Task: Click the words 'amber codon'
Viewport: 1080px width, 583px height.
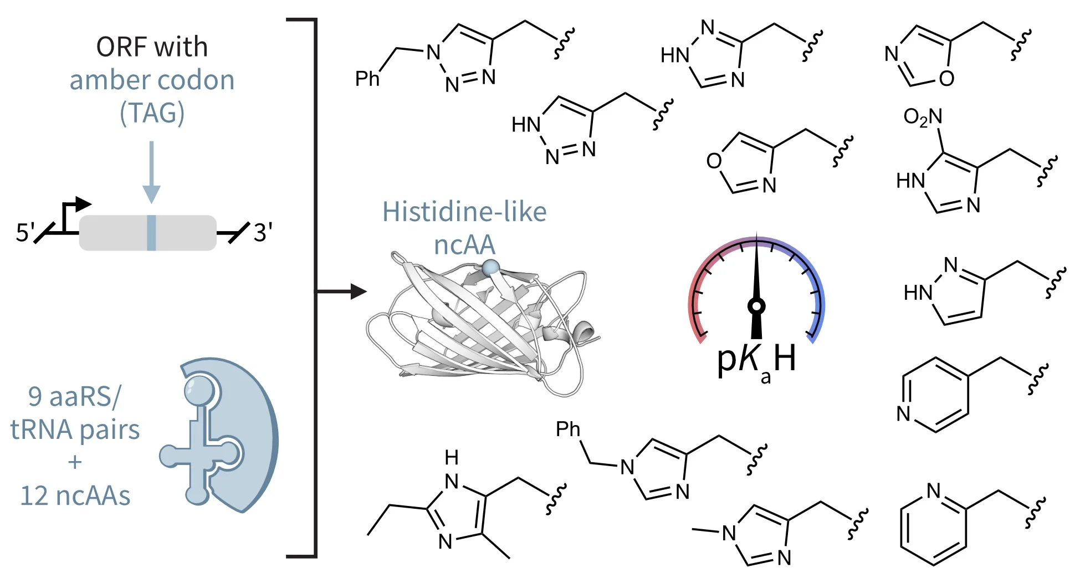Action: tap(152, 80)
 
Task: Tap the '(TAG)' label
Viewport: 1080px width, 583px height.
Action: tap(152, 113)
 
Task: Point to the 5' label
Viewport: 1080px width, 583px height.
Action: tap(25, 232)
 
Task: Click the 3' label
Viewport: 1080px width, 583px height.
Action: tap(263, 232)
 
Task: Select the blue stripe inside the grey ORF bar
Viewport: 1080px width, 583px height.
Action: tap(151, 233)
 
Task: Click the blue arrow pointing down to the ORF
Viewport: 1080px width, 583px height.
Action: tap(151, 172)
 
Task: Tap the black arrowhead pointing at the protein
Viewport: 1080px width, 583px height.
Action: tap(359, 291)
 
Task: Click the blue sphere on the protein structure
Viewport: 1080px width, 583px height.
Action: tap(490, 268)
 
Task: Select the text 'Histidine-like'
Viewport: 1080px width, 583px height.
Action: tap(464, 212)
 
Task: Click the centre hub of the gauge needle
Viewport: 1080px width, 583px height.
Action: tap(756, 305)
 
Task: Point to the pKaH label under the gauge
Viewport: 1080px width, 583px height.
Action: tap(756, 360)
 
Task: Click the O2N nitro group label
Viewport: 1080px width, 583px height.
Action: tap(922, 117)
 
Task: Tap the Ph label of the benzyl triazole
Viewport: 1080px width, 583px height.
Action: tap(367, 79)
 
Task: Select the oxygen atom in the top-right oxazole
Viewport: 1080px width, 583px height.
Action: tap(946, 79)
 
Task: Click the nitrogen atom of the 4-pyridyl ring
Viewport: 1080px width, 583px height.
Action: tap(904, 413)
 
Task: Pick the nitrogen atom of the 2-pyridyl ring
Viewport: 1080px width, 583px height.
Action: tap(934, 490)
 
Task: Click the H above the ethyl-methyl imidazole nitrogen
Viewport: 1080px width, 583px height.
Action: tap(452, 458)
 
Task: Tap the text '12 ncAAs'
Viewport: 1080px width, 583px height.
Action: tap(75, 495)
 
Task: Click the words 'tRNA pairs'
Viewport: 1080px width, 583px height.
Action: tap(75, 429)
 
